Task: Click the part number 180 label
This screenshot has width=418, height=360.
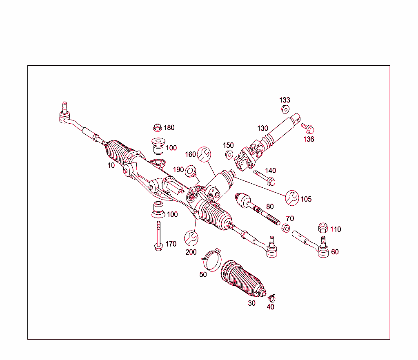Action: point(169,128)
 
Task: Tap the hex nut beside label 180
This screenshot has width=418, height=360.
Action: point(157,127)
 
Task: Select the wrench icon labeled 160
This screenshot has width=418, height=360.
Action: point(204,154)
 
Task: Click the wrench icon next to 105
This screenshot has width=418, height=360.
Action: point(292,198)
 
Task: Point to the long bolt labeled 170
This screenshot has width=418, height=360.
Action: point(158,236)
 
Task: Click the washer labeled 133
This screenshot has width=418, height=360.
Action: point(285,109)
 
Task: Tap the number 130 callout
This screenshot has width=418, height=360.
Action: point(262,128)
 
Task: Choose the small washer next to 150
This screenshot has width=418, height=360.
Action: point(229,154)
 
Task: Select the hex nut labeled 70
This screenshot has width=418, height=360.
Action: point(287,227)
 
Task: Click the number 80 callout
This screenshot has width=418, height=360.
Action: point(270,207)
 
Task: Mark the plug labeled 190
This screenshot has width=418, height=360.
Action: point(190,171)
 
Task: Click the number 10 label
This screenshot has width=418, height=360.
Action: point(111,165)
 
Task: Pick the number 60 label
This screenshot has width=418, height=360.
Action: point(335,252)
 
